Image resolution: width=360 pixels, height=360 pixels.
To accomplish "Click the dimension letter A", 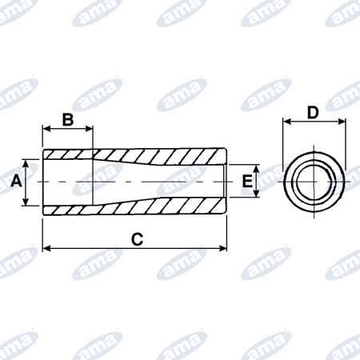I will click(16, 182).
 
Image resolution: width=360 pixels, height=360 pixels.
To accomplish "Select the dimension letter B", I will click(68, 120).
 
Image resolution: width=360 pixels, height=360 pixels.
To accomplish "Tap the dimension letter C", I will click(137, 238).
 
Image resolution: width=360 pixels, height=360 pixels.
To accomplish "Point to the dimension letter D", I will click(314, 112).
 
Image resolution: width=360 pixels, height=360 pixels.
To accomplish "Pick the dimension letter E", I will click(247, 183).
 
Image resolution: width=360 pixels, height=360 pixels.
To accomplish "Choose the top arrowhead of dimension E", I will click(257, 169).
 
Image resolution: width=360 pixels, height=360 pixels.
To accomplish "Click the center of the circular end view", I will click(314, 182).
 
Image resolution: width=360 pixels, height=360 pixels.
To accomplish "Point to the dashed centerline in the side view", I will click(160, 182).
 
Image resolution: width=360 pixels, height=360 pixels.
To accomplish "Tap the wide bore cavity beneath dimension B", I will click(68, 182).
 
